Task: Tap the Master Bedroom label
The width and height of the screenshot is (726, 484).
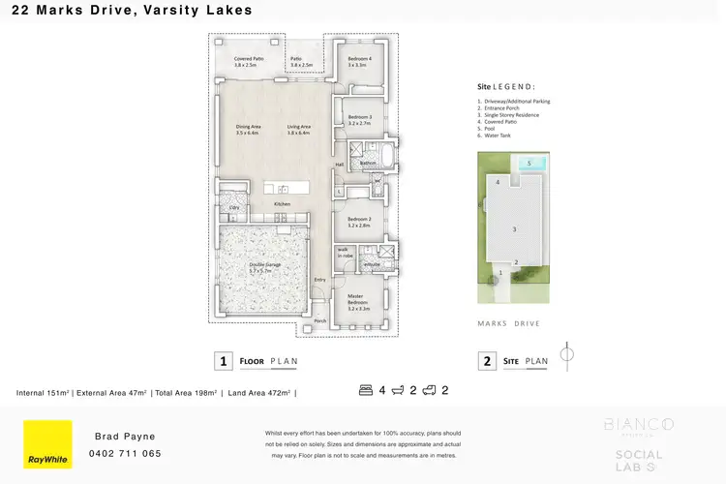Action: coord(359,299)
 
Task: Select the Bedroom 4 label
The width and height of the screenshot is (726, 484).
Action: coord(360,62)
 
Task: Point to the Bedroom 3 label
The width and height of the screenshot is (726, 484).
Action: coord(360,120)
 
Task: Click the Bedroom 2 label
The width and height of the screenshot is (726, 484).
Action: coord(359,222)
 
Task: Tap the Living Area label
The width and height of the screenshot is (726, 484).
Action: coord(298,130)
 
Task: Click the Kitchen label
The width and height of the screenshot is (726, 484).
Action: coord(282,204)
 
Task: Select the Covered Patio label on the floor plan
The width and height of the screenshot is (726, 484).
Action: coord(245,62)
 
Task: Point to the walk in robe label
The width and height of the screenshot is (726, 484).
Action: coord(344,252)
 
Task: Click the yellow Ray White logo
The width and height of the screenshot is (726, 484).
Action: coord(47,444)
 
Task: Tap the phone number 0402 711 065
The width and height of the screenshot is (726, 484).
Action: coord(126,453)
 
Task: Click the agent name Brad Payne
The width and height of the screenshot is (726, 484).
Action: coord(126,437)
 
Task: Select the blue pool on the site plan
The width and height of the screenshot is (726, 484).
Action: coord(530,163)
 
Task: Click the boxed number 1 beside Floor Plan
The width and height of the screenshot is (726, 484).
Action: coord(224,361)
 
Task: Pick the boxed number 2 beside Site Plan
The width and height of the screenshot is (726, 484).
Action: coord(486,361)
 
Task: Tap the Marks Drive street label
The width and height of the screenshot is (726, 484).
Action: coord(509,323)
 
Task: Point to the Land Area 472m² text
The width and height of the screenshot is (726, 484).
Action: coord(259,392)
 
